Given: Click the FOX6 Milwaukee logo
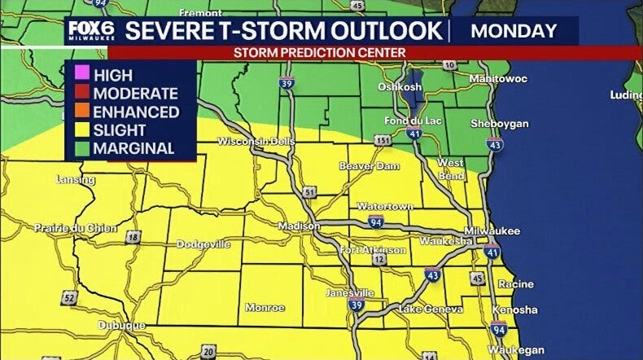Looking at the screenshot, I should click(x=91, y=31).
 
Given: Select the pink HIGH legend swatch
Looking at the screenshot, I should click(x=81, y=76).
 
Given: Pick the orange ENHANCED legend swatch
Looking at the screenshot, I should click(x=81, y=112).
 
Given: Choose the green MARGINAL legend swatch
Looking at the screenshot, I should click(x=81, y=149).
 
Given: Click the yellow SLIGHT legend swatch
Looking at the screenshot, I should click(x=81, y=130).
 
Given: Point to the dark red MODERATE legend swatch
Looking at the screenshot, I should click(x=81, y=94).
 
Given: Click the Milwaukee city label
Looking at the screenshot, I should click(x=492, y=231).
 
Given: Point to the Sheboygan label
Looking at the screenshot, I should click(x=500, y=124).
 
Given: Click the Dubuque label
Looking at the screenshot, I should click(x=121, y=325).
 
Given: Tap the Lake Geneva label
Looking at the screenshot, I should click(x=431, y=310).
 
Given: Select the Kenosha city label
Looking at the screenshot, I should click(x=514, y=310).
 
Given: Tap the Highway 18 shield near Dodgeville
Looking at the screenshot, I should click(x=133, y=237).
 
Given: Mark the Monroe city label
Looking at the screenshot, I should click(x=265, y=308).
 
